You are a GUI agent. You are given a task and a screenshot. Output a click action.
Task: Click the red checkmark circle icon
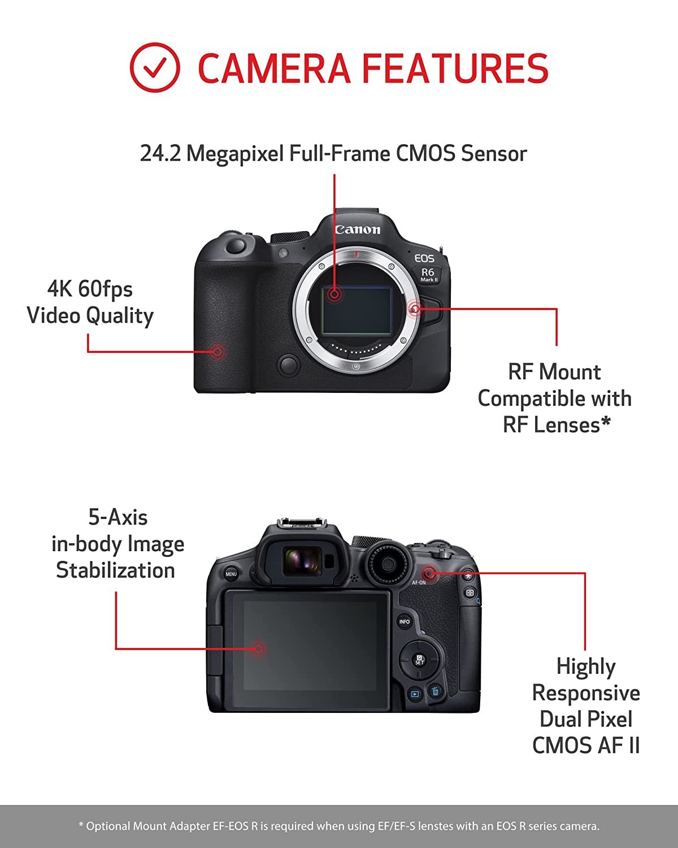tap(155, 68)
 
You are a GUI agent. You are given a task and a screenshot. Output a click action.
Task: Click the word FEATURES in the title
tap(455, 68)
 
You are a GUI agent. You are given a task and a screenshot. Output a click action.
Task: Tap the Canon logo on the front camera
tap(358, 229)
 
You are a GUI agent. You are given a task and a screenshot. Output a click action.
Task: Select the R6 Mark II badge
tap(429, 274)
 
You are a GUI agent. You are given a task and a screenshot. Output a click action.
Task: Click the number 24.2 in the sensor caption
tap(160, 153)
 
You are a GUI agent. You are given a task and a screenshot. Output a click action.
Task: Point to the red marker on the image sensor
tap(334, 294)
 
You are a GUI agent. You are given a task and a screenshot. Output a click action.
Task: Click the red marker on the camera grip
tap(217, 352)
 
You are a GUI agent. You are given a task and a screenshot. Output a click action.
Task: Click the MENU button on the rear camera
tap(231, 574)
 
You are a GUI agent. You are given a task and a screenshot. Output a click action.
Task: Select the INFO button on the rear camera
tap(404, 622)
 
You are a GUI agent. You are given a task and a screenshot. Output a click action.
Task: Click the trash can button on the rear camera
tap(435, 691)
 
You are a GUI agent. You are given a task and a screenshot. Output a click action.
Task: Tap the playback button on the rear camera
tap(415, 694)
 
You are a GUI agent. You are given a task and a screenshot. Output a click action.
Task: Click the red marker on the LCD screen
tap(258, 648)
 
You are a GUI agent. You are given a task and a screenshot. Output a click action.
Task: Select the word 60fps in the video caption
tap(105, 289)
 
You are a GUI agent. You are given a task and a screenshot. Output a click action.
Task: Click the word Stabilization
tap(115, 570)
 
